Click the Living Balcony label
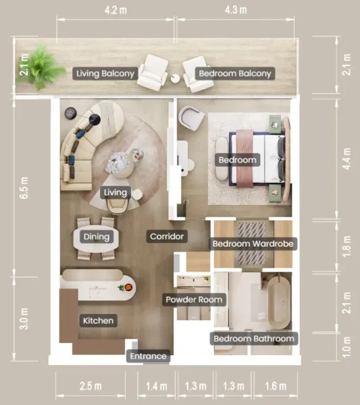pyautogui.click(x=105, y=73)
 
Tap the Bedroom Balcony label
pyautogui.click(x=234, y=73)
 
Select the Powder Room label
pyautogui.click(x=194, y=299)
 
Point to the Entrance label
pyautogui.click(x=148, y=356)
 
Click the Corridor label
pyautogui.click(x=167, y=237)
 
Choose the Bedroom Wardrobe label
pyautogui.click(x=253, y=243)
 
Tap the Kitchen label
pyautogui.click(x=97, y=320)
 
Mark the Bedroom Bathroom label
pyautogui.click(x=254, y=338)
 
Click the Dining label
pyautogui.click(x=95, y=236)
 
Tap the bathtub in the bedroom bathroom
pyautogui.click(x=278, y=301)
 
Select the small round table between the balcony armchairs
pyautogui.click(x=176, y=79)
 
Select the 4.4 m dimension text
pyautogui.click(x=346, y=161)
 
